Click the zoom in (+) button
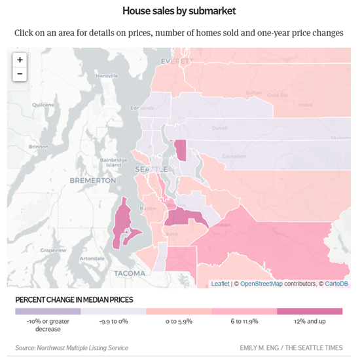point(20,60)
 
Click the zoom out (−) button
point(20,73)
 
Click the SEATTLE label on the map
point(146,169)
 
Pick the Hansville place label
point(106,76)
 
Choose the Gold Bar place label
point(278,95)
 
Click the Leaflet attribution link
point(220,283)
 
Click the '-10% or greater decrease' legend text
point(48,325)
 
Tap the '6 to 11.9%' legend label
point(244,321)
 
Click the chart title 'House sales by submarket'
point(179,11)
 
